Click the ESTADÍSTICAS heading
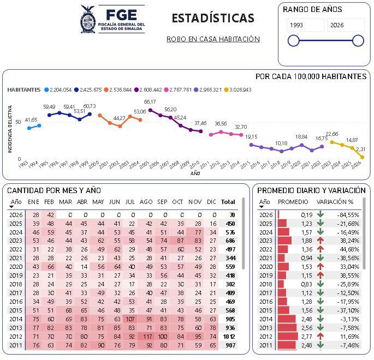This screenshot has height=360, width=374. pos(213,18)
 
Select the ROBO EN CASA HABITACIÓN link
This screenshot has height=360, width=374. pos(213,39)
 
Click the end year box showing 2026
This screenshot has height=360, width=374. pos(345,25)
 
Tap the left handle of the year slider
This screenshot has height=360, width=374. pos(294,40)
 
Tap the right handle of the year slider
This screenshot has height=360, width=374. pos(358,40)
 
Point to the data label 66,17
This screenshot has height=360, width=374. pos(150,102)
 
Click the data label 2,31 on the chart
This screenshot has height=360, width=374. pos(360,149)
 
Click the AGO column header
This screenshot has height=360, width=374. pos(146,202)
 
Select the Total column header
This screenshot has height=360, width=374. pos(228,202)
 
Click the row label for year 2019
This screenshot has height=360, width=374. pos(16,275)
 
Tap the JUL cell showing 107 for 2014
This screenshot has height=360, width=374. pos(130,319)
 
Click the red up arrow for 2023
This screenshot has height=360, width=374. pos(320,241)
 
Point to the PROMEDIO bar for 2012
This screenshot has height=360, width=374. pos(287,336)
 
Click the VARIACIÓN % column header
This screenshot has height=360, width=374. pos(335,202)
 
